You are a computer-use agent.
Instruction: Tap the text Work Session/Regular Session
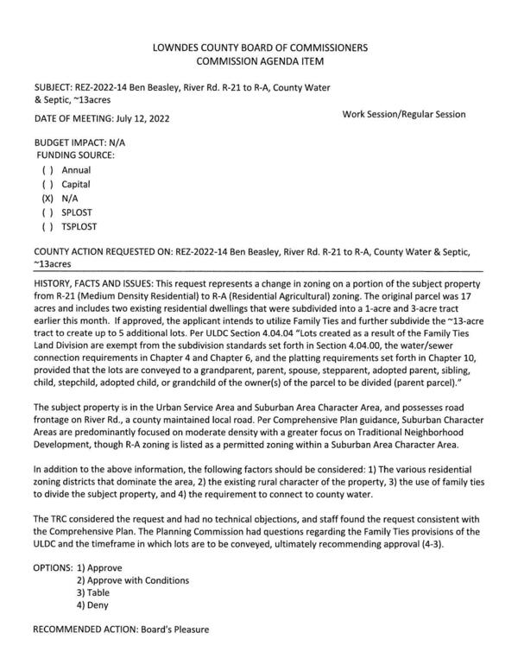[404, 114]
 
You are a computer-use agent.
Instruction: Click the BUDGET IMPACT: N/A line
[75, 141]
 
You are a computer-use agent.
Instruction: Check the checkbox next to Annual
[47, 170]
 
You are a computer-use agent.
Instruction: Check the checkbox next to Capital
[47, 184]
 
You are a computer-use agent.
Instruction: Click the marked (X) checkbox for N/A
[47, 198]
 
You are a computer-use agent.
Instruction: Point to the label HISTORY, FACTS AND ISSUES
[92, 283]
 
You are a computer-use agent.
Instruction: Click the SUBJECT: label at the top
[54, 87]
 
